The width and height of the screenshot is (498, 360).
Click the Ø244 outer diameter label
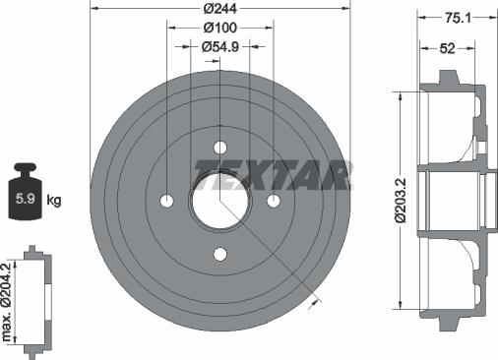click(219, 9)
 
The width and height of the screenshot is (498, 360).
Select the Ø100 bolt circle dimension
click(219, 28)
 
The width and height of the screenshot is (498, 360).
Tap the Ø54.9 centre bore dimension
click(220, 47)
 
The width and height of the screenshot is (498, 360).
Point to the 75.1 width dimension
click(458, 18)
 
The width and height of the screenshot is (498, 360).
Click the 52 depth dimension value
click(447, 48)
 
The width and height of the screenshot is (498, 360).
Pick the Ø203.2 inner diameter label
click(402, 201)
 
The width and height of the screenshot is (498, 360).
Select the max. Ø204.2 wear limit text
click(7, 302)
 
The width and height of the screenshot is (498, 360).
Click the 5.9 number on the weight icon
click(26, 199)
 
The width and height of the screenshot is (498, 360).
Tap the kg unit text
click(54, 200)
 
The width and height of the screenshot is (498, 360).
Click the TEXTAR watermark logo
click(273, 175)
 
